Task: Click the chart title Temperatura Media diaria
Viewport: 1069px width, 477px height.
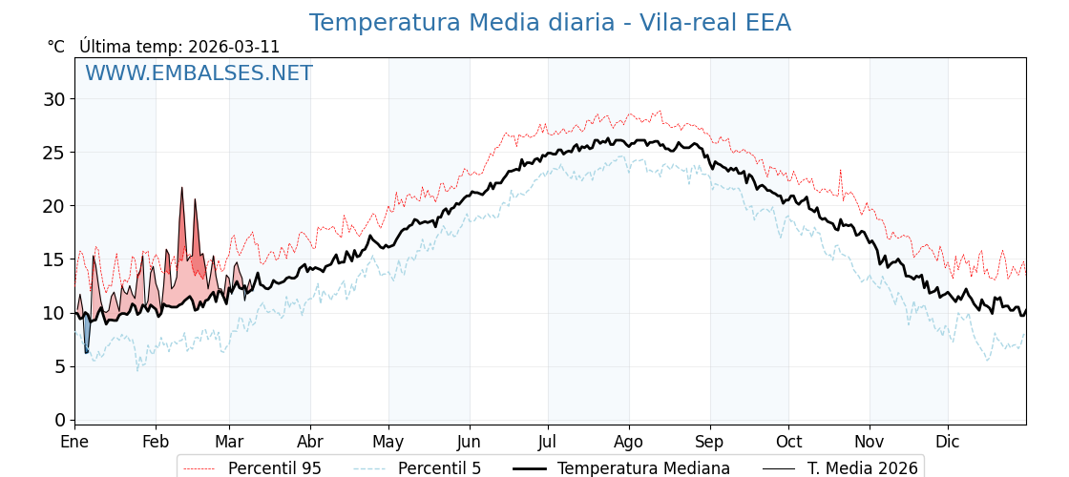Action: tap(550, 23)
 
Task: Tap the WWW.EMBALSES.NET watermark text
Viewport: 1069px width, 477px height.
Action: tap(199, 73)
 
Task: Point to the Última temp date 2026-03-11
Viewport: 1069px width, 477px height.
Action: tap(234, 47)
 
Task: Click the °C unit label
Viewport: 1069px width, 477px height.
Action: tap(56, 47)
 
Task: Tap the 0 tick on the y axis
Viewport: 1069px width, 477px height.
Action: tap(60, 420)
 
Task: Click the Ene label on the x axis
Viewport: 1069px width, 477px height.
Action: tap(74, 442)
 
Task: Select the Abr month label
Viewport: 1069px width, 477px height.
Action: tap(310, 442)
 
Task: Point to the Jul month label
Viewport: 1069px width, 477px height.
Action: tap(548, 442)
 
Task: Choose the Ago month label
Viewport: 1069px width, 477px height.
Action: tap(629, 442)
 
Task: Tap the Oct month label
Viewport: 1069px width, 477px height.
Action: tap(788, 442)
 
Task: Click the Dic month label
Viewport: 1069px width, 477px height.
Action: tap(948, 442)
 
